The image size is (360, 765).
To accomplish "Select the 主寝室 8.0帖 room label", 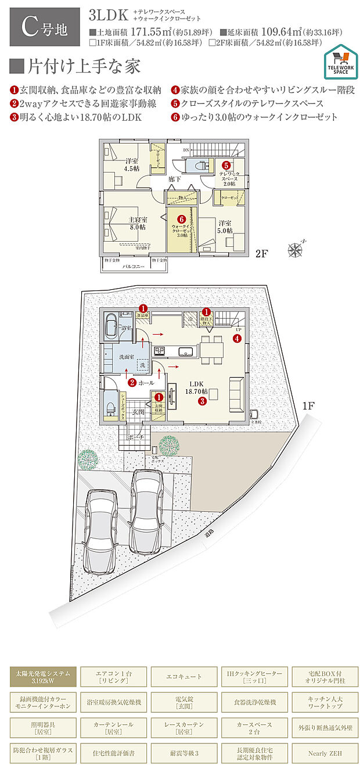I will point(137,224).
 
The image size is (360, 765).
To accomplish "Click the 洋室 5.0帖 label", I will point(225,227).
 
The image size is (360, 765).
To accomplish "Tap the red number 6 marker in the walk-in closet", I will point(181,220).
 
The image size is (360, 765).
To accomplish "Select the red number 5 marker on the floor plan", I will point(225,165).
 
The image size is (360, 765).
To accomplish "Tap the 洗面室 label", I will point(127,357).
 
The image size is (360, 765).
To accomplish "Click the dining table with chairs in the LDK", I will point(211,349).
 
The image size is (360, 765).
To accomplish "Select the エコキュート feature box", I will point(183,677).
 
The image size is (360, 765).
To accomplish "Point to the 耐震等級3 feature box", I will point(183,753).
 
